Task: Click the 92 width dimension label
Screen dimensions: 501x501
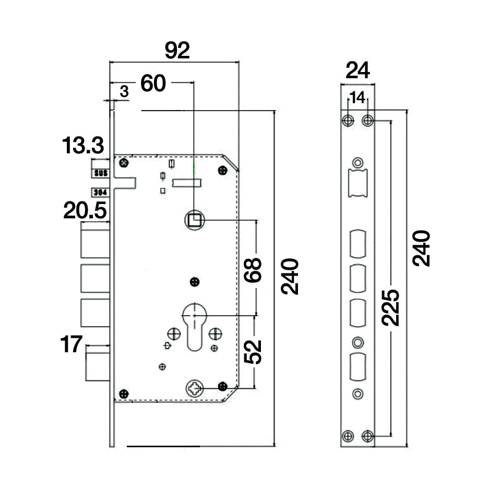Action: click(x=177, y=51)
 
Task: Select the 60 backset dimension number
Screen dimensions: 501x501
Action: click(x=153, y=83)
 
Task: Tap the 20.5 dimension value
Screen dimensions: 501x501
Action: click(x=85, y=211)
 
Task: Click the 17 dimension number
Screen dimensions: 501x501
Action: click(x=71, y=344)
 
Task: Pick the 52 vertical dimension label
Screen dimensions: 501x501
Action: click(x=253, y=352)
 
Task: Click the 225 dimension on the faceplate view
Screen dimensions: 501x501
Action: click(x=391, y=307)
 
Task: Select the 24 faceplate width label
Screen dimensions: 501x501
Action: click(x=357, y=70)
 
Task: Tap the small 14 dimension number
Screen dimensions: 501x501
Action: click(x=357, y=98)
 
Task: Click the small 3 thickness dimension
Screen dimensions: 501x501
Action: click(x=124, y=91)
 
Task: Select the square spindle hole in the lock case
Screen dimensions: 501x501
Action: click(x=194, y=221)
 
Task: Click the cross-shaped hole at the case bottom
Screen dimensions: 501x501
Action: click(x=194, y=388)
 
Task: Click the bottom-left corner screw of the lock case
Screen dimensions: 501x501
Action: click(x=124, y=393)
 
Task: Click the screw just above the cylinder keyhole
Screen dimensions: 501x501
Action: click(x=195, y=282)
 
